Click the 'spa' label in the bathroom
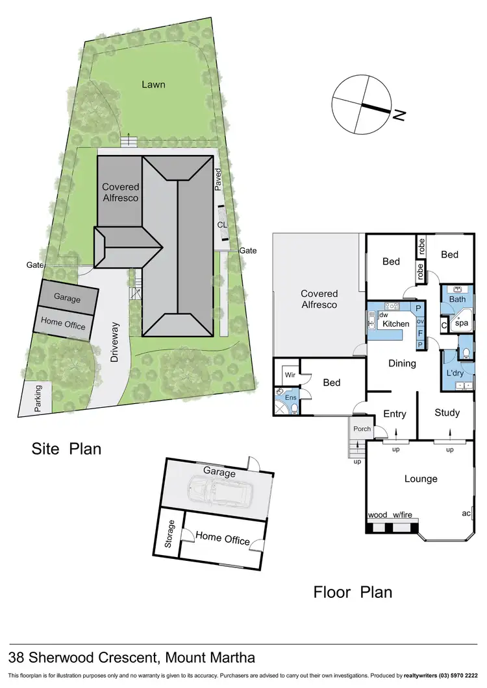461,322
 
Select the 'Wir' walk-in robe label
290,375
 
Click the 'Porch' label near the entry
362,429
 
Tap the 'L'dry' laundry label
454,373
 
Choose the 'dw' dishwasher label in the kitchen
384,314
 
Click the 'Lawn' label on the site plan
155,84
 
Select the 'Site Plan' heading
67,449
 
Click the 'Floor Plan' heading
353,591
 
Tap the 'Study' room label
447,412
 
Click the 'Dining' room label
402,363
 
